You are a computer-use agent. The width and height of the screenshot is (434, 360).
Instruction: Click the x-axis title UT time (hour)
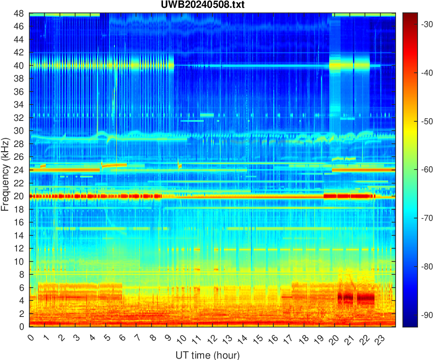[x=207, y=355]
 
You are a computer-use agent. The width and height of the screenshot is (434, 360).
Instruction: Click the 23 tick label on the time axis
[x=378, y=339]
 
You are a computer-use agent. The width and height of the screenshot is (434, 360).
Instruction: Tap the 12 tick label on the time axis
[x=211, y=339]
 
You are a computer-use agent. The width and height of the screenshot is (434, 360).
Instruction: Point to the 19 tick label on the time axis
[x=317, y=339]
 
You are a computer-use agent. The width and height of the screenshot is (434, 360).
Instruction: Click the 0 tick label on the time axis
[x=30, y=338]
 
